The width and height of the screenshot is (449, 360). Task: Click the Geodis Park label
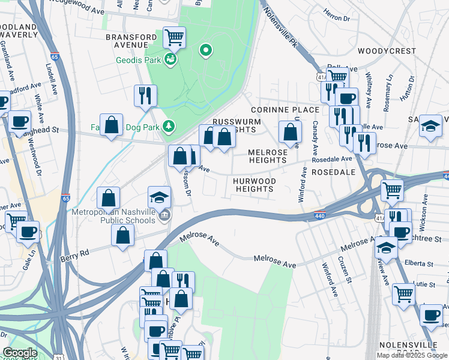click(x=142, y=61)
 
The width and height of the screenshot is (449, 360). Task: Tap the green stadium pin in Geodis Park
click(x=206, y=50)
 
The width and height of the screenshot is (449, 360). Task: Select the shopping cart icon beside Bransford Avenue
click(x=174, y=38)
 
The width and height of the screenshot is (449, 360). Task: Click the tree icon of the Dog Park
click(x=170, y=125)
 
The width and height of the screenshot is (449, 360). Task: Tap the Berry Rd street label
click(x=74, y=254)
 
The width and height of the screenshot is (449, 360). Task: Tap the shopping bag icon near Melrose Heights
click(x=290, y=133)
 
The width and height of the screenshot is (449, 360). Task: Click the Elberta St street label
click(x=418, y=263)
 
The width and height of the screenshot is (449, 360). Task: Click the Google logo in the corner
click(x=20, y=353)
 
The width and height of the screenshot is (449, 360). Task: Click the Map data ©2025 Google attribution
click(x=412, y=355)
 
